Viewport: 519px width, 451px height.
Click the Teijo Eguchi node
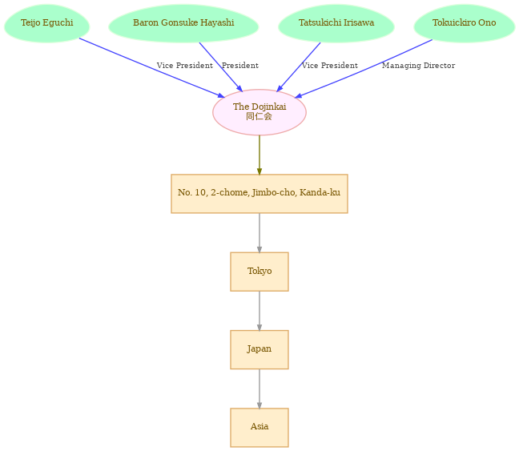[x=46, y=23]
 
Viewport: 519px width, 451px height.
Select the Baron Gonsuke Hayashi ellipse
[x=183, y=23]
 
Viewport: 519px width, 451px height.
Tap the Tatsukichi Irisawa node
[x=336, y=23]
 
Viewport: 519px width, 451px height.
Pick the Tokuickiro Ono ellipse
[x=464, y=23]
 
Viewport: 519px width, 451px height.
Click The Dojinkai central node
[x=259, y=112]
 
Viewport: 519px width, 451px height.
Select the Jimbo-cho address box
[x=259, y=194]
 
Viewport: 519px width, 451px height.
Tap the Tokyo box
[x=259, y=272]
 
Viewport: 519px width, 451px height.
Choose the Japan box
[x=259, y=350]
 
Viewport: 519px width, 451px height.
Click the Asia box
[x=259, y=428]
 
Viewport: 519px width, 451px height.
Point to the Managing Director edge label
[x=418, y=66]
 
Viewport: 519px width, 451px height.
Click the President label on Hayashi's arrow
[x=240, y=66]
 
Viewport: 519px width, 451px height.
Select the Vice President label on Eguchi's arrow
[x=185, y=66]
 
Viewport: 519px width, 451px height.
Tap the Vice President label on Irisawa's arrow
[x=330, y=66]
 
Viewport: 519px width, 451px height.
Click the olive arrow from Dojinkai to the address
[x=259, y=155]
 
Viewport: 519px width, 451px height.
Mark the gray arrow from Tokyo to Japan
[x=259, y=311]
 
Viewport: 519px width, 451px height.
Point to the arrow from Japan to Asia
[x=259, y=389]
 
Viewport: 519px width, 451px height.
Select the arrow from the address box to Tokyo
[x=259, y=233]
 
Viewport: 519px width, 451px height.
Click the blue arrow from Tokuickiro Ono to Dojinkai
[x=364, y=69]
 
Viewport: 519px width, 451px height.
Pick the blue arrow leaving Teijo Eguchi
[x=151, y=67]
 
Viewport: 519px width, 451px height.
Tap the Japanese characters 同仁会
[x=259, y=117]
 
